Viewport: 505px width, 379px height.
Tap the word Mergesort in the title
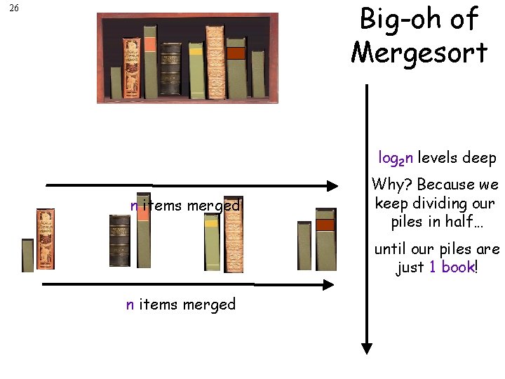[419, 51]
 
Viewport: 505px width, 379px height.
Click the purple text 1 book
[452, 267]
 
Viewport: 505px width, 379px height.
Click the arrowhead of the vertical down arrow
[366, 348]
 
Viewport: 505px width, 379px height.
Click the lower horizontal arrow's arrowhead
[327, 285]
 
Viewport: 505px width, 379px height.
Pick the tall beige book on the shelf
[215, 62]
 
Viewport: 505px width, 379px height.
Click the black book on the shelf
[170, 69]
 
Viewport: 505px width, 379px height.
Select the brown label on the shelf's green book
[236, 53]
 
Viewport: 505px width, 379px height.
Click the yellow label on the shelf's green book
[195, 51]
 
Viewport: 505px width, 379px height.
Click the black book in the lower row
[120, 241]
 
